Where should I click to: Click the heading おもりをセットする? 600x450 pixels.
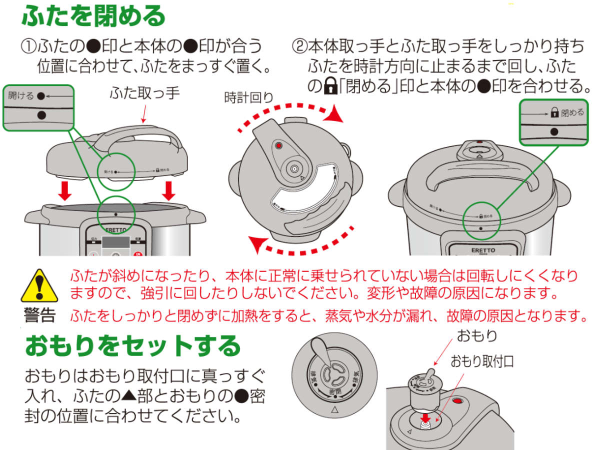133,345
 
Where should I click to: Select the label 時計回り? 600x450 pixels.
248,97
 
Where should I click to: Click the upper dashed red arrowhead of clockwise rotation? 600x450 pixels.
337,116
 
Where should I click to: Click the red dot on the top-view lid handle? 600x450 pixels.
278,146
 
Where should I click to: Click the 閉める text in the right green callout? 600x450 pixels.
572,112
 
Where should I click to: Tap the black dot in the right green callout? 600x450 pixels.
554,131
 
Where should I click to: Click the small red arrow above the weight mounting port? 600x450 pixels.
426,417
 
